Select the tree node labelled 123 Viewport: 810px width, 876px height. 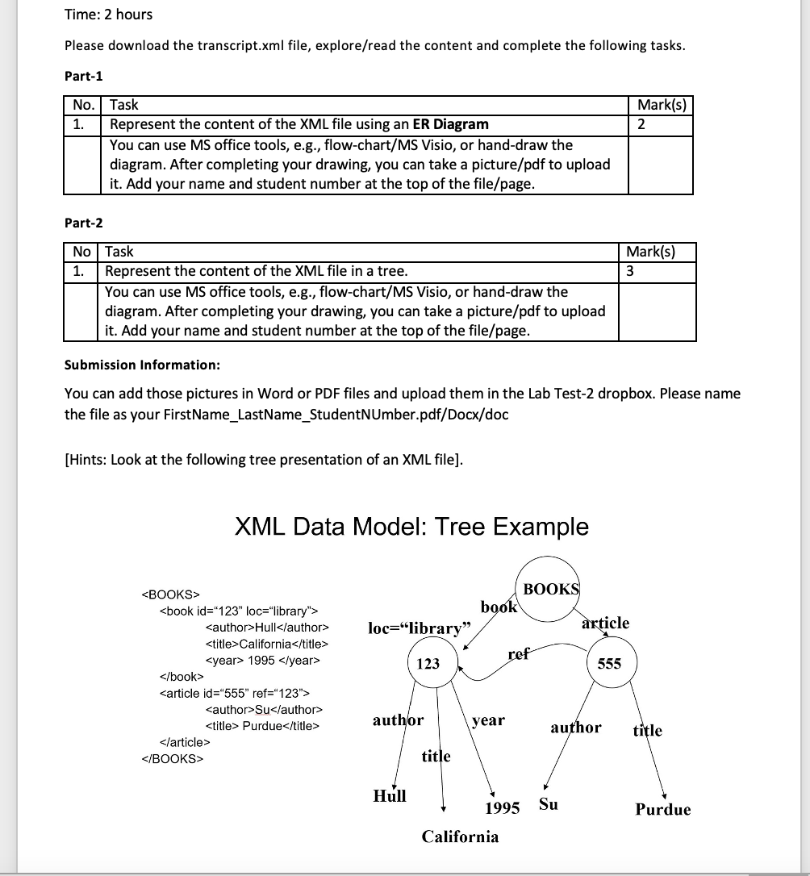tap(428, 663)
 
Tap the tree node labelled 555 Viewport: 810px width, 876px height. tap(609, 663)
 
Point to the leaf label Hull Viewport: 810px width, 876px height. tap(390, 796)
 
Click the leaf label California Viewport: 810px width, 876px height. tap(460, 836)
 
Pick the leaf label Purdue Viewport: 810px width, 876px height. tap(662, 810)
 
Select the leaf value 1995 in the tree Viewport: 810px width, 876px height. tap(502, 809)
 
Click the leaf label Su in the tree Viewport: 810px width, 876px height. tap(548, 804)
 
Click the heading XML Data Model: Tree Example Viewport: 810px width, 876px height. tap(411, 527)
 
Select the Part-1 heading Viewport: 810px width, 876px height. tap(83, 76)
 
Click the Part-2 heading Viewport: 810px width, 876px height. tap(83, 223)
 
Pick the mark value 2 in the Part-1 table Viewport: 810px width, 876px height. tap(641, 124)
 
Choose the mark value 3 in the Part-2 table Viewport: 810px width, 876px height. tap(630, 271)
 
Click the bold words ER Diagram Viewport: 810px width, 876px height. tap(450, 124)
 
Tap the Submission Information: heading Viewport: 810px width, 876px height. tap(142, 365)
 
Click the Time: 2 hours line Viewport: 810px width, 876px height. tap(108, 15)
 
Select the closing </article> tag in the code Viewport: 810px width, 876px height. tap(186, 742)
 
